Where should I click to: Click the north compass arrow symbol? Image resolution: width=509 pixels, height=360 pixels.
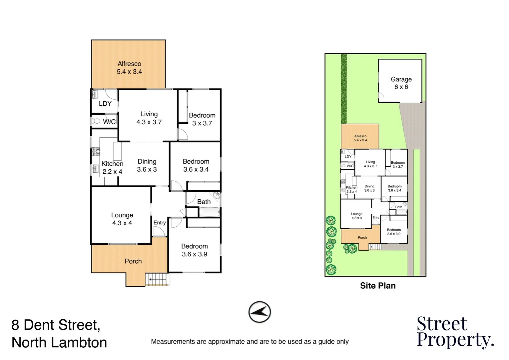259,312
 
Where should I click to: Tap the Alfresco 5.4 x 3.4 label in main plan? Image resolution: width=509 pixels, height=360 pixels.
129,68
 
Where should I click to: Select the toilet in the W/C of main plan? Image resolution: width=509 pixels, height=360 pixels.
96,121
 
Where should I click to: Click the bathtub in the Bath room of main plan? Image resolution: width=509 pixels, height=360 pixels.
209,212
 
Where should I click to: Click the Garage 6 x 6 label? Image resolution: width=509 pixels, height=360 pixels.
401,83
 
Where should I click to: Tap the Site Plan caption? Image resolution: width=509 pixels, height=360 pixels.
378,286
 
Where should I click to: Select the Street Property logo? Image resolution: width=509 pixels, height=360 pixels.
455,332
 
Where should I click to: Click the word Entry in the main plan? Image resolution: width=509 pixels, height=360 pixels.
160,223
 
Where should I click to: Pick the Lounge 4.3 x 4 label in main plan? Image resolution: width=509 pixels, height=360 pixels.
122,219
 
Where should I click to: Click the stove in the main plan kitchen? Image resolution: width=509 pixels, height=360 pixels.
95,152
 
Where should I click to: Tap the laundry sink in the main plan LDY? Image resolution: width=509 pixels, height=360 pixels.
95,94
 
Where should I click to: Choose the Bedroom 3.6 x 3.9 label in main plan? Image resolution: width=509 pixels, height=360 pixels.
195,250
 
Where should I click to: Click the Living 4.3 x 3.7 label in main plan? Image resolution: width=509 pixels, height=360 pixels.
149,118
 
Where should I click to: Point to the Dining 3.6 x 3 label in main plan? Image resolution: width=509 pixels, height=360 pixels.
147,165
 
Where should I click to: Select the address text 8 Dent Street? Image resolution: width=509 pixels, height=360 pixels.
56,325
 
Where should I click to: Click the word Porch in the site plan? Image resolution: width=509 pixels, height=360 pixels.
362,238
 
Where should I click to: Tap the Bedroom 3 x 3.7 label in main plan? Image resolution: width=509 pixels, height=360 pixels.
202,119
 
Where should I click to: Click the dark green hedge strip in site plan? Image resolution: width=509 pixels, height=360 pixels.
344,88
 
